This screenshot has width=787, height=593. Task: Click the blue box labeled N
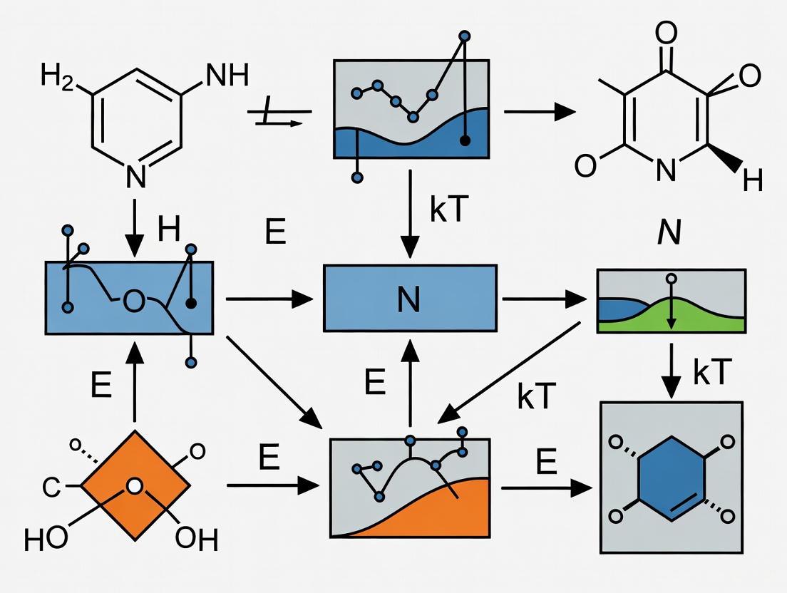(x=410, y=298)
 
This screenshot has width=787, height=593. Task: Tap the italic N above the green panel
(x=669, y=233)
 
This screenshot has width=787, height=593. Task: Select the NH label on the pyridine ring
(x=226, y=75)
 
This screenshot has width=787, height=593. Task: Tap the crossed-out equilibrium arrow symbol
(x=277, y=115)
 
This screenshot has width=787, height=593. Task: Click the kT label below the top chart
(x=448, y=212)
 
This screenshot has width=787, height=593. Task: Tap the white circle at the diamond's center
(x=135, y=487)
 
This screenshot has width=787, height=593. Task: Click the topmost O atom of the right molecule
(x=667, y=33)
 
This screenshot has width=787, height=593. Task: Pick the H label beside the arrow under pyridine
(x=169, y=230)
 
